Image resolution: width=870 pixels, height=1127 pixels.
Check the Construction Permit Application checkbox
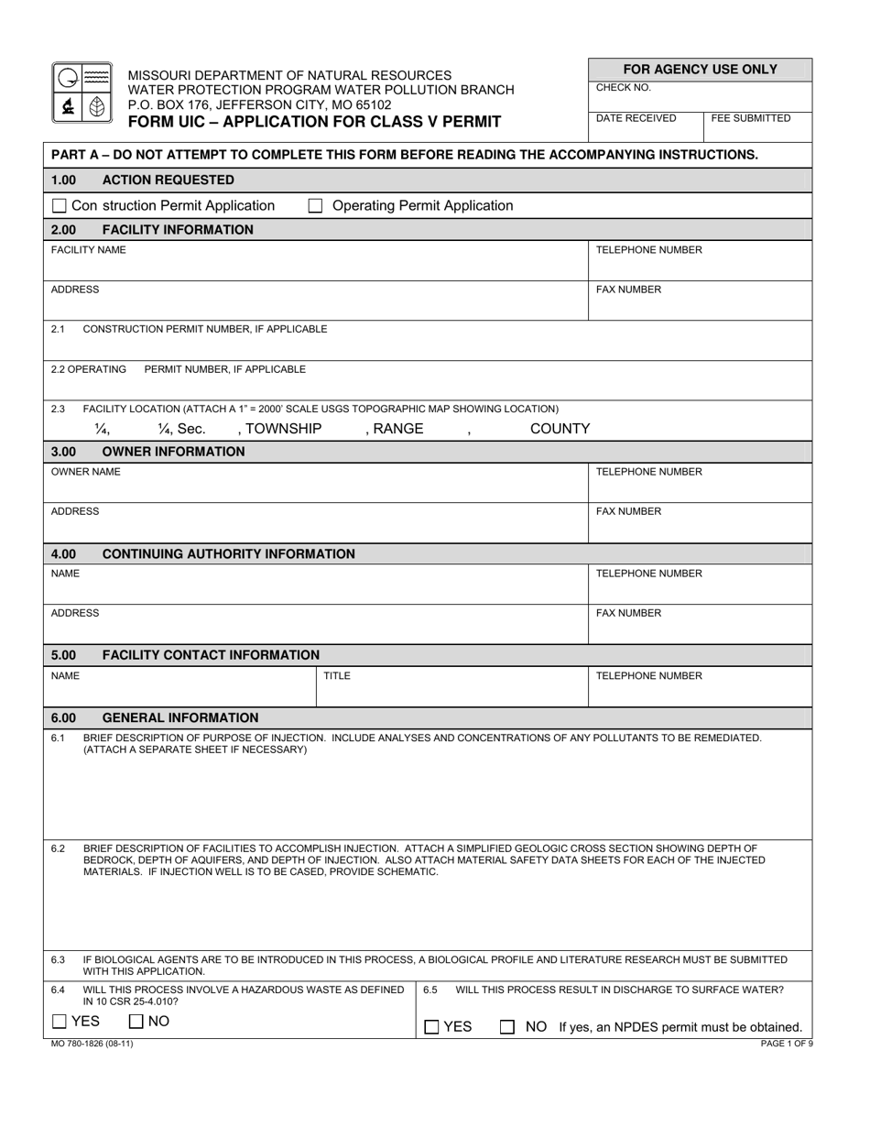[60, 206]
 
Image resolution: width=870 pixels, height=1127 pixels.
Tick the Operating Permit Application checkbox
[315, 206]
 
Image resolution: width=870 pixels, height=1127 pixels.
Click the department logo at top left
[82, 93]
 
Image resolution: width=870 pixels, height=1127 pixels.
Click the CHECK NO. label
[623, 88]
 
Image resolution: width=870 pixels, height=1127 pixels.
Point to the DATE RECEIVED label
[636, 118]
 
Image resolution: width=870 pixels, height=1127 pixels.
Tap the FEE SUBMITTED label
[750, 118]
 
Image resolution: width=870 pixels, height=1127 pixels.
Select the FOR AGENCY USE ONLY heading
[700, 70]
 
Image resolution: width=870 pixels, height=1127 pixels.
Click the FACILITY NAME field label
[88, 249]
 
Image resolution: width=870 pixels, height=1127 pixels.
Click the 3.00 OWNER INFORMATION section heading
[148, 452]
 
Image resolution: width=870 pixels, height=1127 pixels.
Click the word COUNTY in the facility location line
[560, 429]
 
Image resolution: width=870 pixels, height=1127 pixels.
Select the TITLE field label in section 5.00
[337, 675]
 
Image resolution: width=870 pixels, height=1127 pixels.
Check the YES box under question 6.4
[60, 1022]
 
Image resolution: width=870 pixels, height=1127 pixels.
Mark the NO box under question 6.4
[136, 1022]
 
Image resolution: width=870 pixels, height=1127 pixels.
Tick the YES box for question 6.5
[431, 1027]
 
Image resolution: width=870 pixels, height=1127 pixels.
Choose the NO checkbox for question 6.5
[506, 1027]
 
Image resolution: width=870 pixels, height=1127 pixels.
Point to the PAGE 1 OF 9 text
[786, 1044]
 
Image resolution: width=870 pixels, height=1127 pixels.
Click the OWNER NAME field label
[85, 472]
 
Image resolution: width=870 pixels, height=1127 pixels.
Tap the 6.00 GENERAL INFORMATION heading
[155, 718]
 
